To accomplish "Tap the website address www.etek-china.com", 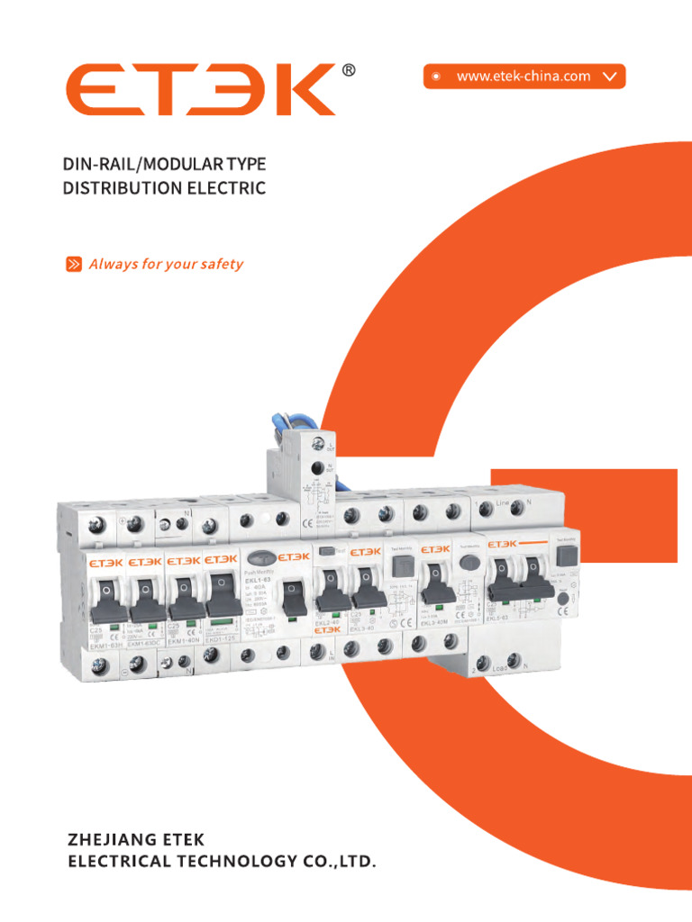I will point(524,77).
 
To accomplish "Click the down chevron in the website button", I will point(610,77).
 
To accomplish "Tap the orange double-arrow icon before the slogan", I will point(74,265).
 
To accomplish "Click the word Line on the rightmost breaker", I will point(503,502).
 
